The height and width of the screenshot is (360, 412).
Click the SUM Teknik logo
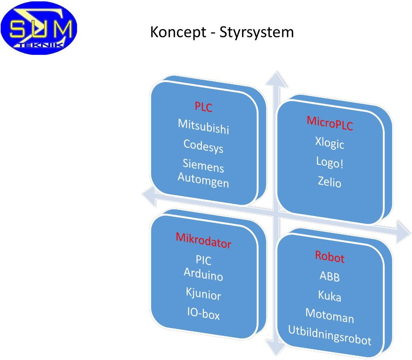point(39,28)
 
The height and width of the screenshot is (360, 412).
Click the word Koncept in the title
point(178,32)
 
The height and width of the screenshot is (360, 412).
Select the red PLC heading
point(203,107)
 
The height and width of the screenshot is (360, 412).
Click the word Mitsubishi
point(203,127)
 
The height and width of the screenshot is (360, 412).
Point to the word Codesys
point(203,146)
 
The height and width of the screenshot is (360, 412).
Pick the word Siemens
point(203,166)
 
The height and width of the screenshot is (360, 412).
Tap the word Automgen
point(203,180)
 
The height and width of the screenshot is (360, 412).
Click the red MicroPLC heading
point(330,123)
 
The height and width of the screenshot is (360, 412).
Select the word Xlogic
point(330,143)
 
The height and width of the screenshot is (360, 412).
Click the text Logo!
point(330,162)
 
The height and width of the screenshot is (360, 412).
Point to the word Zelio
point(330,182)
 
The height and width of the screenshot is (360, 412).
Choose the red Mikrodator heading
point(203,240)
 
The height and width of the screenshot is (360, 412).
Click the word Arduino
point(203,274)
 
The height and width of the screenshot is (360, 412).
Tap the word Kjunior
point(203,293)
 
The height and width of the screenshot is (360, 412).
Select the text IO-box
point(203,313)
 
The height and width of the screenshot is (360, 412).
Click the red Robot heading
point(330,257)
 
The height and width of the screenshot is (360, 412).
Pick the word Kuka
point(330,296)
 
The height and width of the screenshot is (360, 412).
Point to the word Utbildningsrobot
point(330,335)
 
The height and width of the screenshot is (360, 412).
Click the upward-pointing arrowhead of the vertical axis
point(277,79)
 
